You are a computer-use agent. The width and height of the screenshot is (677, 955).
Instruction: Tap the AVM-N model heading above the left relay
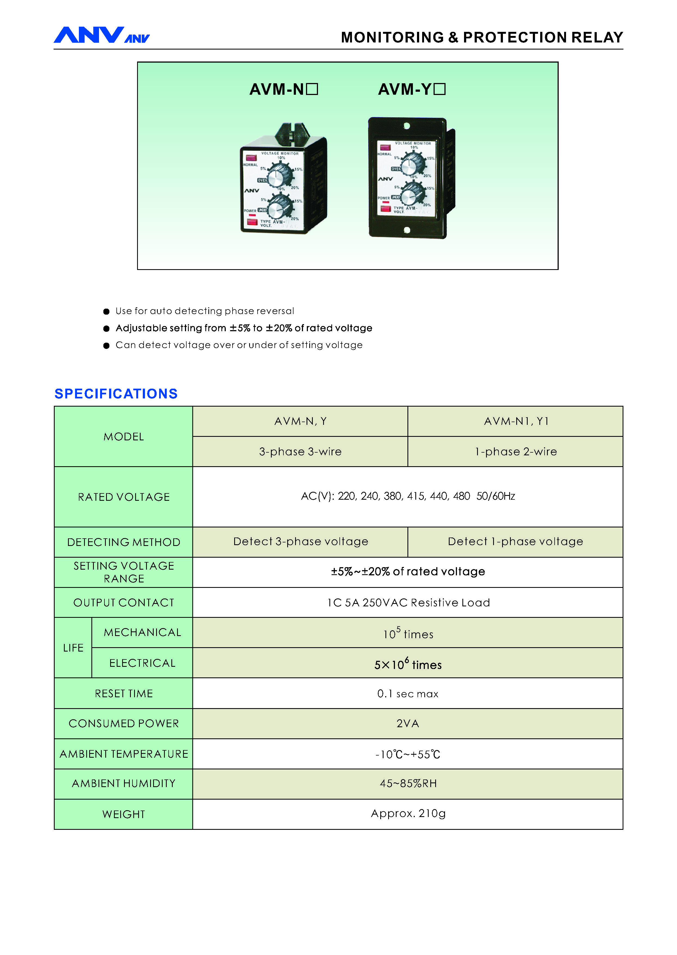[x=283, y=89]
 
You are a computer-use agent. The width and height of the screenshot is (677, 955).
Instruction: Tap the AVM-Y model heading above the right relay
[x=412, y=89]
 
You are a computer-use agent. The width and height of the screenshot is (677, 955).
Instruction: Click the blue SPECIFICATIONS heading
[x=116, y=394]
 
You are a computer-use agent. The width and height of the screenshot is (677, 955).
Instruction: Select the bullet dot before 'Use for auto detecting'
[x=106, y=312]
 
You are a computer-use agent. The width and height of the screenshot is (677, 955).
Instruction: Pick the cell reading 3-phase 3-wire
[x=300, y=452]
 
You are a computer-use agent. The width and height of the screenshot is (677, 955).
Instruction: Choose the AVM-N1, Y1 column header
[x=516, y=421]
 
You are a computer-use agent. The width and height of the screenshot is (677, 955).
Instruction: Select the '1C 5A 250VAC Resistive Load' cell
[x=408, y=603]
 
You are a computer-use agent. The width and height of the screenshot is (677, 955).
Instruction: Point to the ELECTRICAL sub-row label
[x=142, y=663]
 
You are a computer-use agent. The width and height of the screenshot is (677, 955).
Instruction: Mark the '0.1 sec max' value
[x=408, y=693]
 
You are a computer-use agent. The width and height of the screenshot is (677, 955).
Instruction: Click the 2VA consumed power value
[x=408, y=724]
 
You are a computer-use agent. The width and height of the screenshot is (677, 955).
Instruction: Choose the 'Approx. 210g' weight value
[x=408, y=813]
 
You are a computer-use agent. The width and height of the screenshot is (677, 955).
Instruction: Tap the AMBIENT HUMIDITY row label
[x=124, y=784]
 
